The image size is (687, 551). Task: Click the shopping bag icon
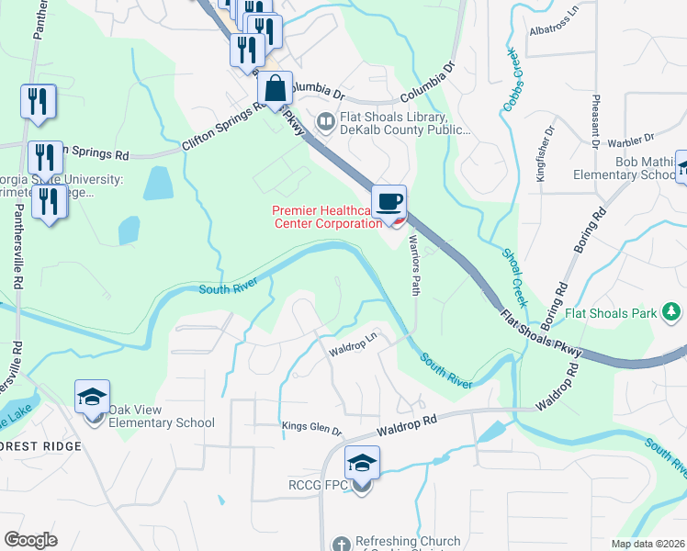(x=275, y=90)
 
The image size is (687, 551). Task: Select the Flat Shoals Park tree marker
(x=671, y=313)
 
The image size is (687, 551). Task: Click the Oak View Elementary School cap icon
(x=93, y=399)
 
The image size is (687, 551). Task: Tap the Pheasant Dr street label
(x=596, y=120)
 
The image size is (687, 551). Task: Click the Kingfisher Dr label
(x=541, y=158)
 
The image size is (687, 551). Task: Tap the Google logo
(x=30, y=539)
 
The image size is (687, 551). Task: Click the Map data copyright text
(x=648, y=544)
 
